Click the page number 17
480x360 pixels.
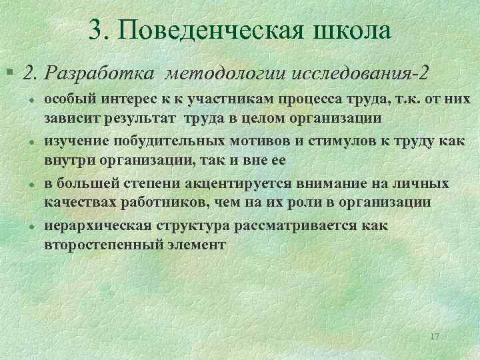tap(435, 337)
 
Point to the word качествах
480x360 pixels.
tap(77, 202)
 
